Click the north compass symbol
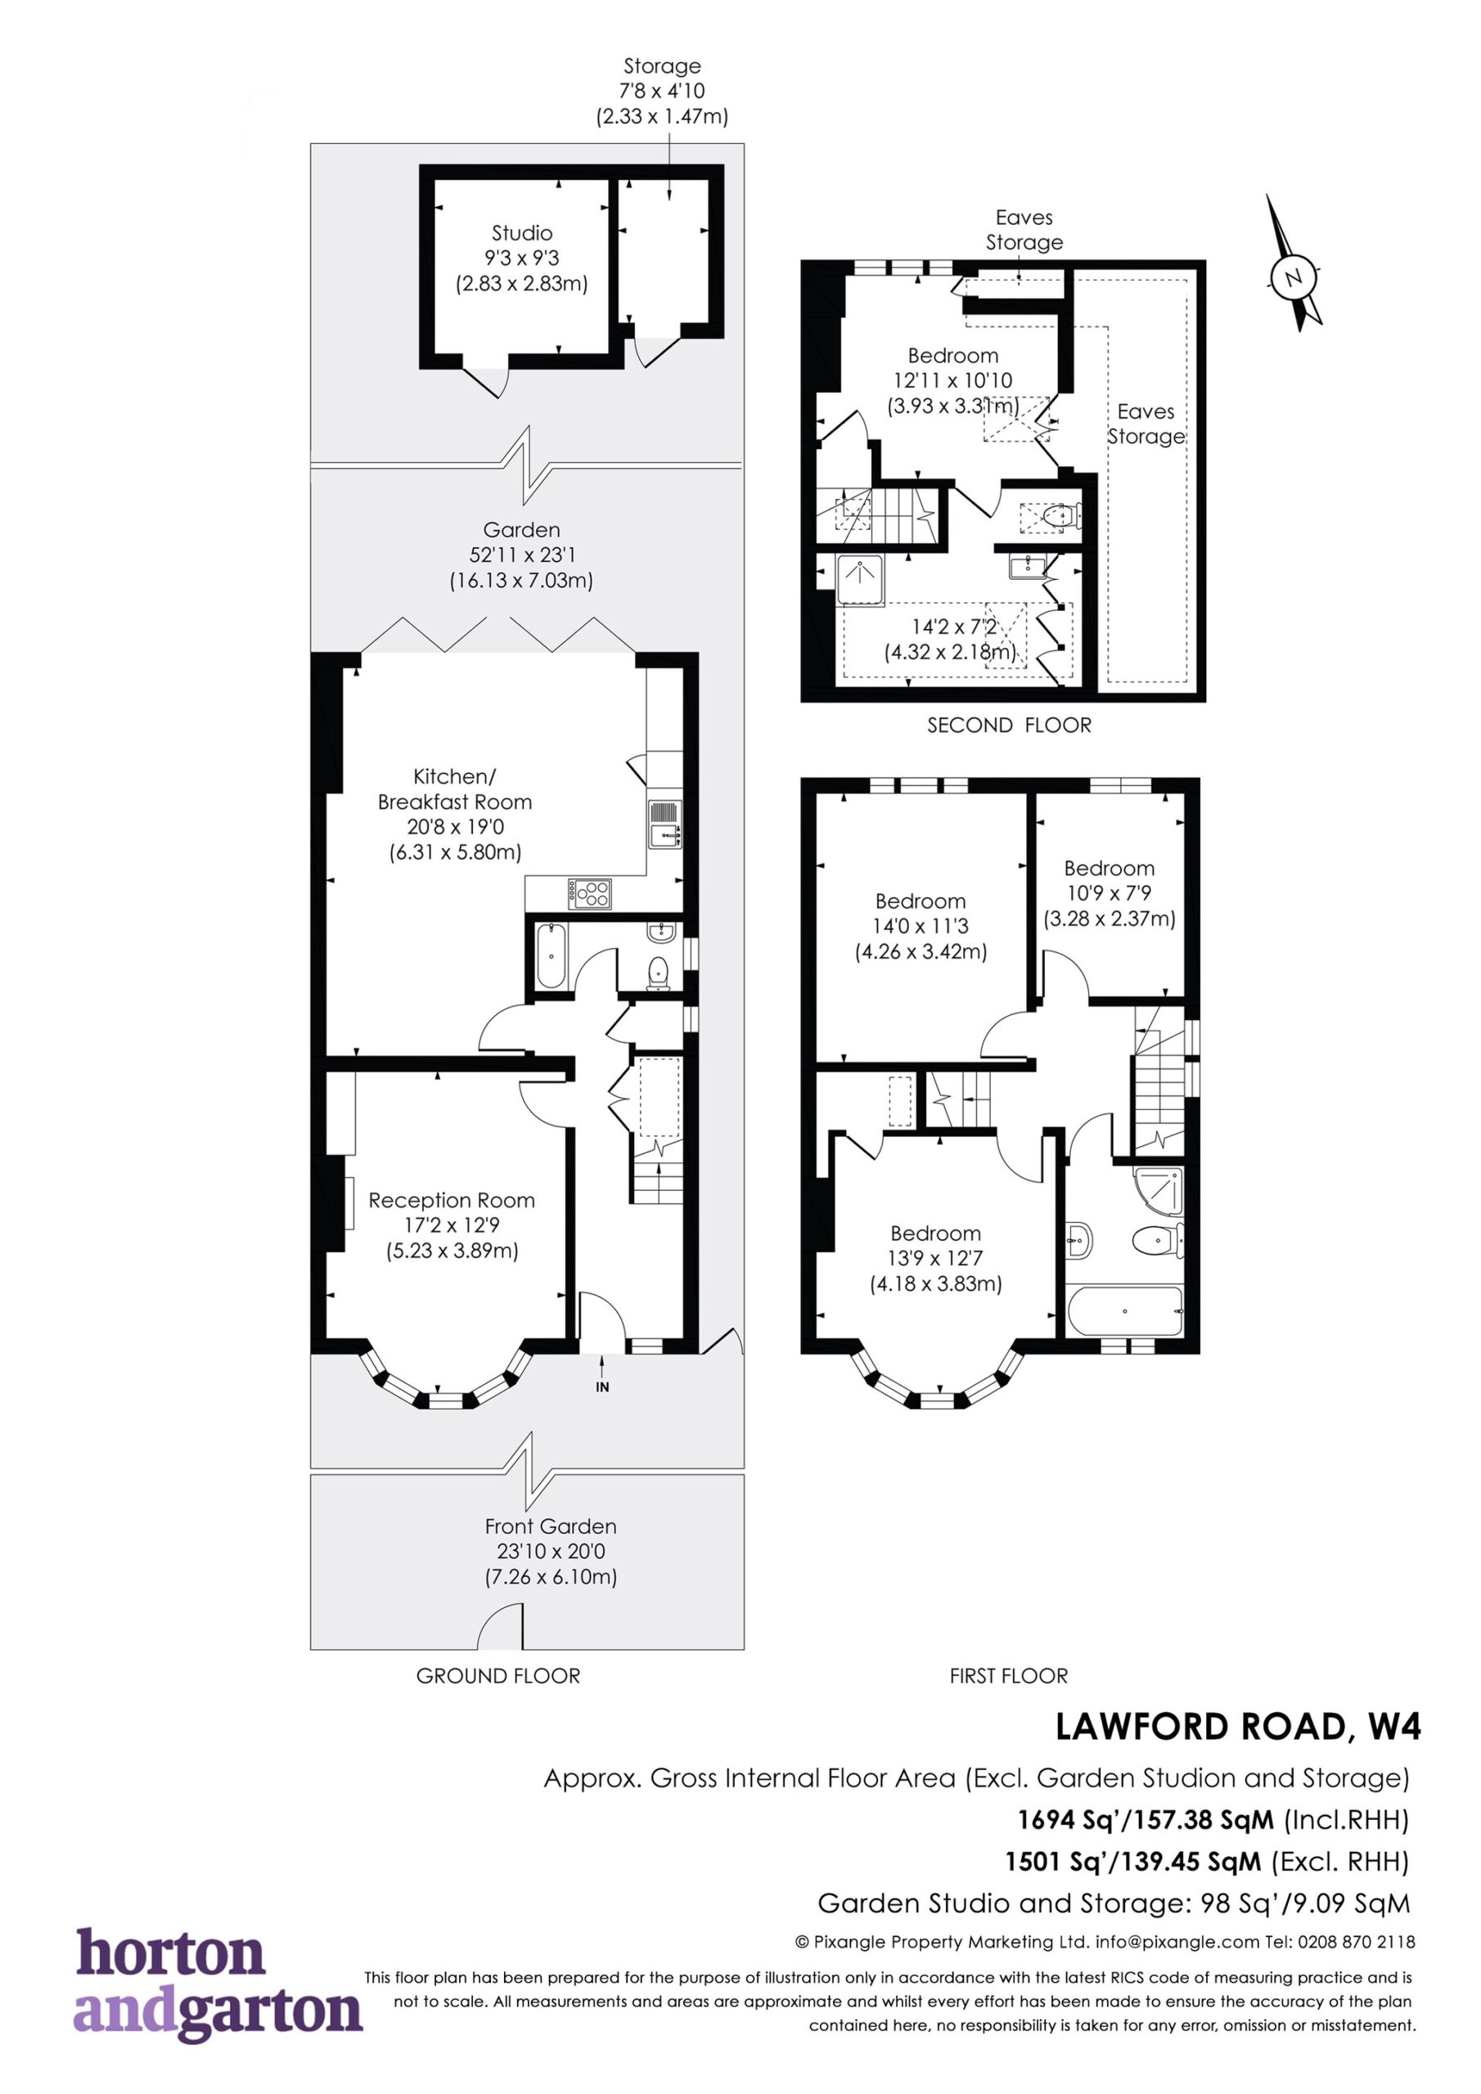(x=1294, y=264)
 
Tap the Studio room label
(x=522, y=233)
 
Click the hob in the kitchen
(x=589, y=893)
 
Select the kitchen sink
(x=664, y=824)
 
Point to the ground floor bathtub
(x=551, y=956)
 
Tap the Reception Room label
(x=452, y=1200)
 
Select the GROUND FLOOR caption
(x=498, y=1675)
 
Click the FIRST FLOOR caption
(x=1008, y=1675)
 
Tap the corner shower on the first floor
(x=1159, y=1190)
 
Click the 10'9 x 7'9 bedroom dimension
(x=1110, y=893)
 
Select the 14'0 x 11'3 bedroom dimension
(x=921, y=926)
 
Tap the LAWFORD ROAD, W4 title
(x=1238, y=1727)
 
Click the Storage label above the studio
(x=663, y=65)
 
